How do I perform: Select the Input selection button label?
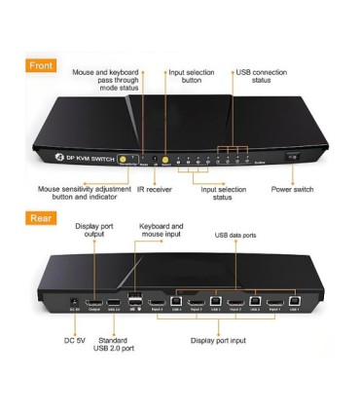tap(191, 76)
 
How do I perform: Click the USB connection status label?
tap(262, 76)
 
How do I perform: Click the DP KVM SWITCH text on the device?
tap(79, 158)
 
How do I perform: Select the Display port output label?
tap(95, 231)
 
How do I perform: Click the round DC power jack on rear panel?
tap(74, 300)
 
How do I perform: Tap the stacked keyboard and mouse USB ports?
tap(133, 300)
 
